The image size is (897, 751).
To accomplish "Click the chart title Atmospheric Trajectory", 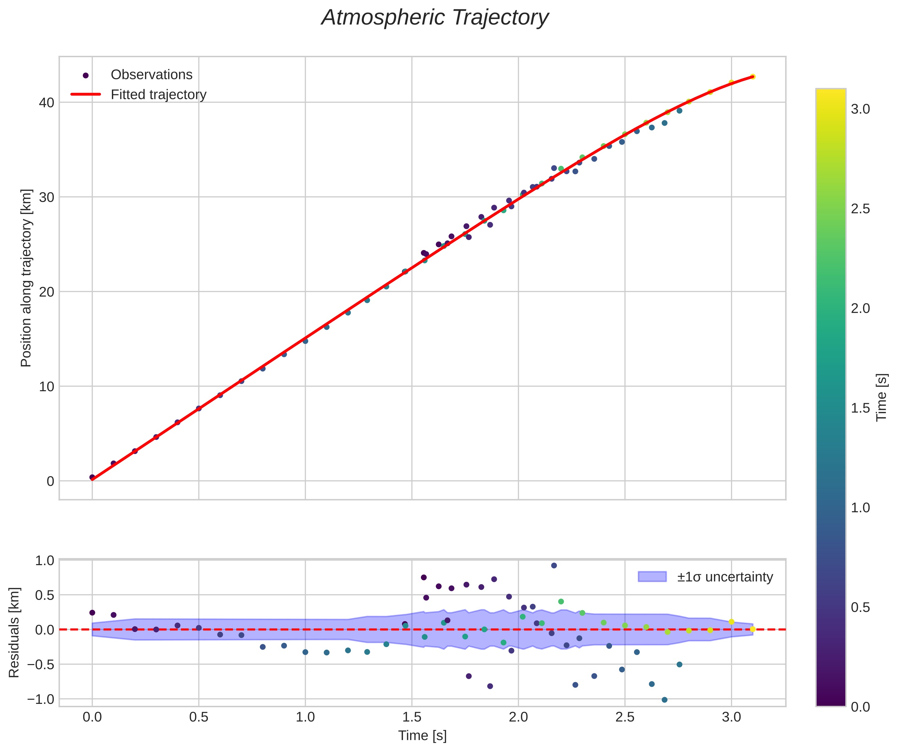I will tap(435, 18).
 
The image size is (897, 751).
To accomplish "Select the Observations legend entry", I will tap(151, 75).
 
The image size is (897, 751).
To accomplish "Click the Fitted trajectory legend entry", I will tap(158, 95).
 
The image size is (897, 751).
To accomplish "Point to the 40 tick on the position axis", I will tap(47, 103).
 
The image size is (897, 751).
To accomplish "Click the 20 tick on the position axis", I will tap(47, 292).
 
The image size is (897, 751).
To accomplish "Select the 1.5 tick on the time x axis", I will tap(412, 717).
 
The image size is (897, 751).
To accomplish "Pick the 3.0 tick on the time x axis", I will tap(731, 717).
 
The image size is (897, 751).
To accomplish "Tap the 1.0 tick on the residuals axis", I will tap(44, 560).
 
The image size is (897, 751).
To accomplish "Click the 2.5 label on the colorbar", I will tap(860, 209).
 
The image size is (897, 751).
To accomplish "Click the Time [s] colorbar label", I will tap(881, 398).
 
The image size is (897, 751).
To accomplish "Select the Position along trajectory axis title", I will tap(26, 278).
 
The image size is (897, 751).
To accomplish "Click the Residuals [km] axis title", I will tap(14, 633).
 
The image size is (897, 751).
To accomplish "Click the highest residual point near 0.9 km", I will tap(554, 565).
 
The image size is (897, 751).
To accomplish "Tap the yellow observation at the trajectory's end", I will tap(753, 77).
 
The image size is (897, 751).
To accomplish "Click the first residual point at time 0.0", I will tap(92, 613).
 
